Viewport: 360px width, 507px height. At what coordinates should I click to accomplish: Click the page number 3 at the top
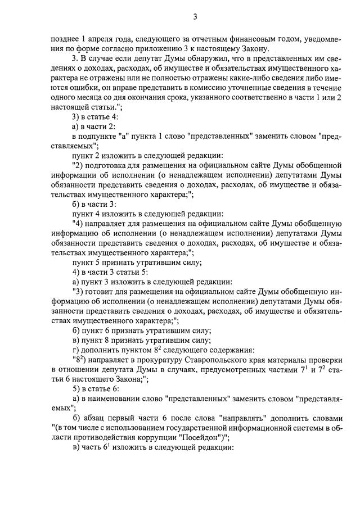coord(195,16)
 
